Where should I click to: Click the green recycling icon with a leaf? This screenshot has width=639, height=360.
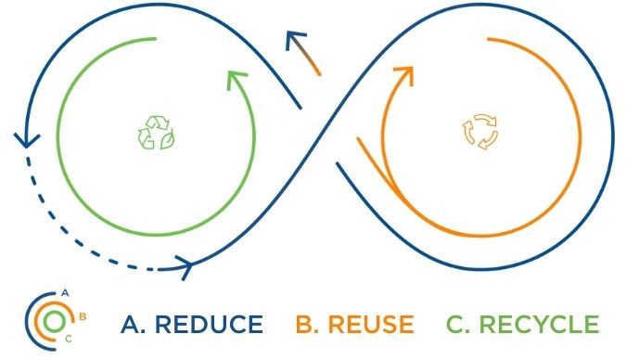tap(157, 133)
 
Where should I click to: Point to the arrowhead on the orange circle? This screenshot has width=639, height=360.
tap(404, 75)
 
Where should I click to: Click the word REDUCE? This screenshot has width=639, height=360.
tap(209, 325)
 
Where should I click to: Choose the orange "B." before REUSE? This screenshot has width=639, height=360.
tap(307, 325)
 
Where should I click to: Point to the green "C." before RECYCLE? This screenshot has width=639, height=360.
tap(458, 325)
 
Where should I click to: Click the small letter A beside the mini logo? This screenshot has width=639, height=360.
tap(65, 292)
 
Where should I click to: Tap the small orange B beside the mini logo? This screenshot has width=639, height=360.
tap(83, 316)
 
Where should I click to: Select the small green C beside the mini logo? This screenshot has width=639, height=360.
tap(68, 340)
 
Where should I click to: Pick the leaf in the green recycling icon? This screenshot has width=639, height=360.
tap(167, 142)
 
